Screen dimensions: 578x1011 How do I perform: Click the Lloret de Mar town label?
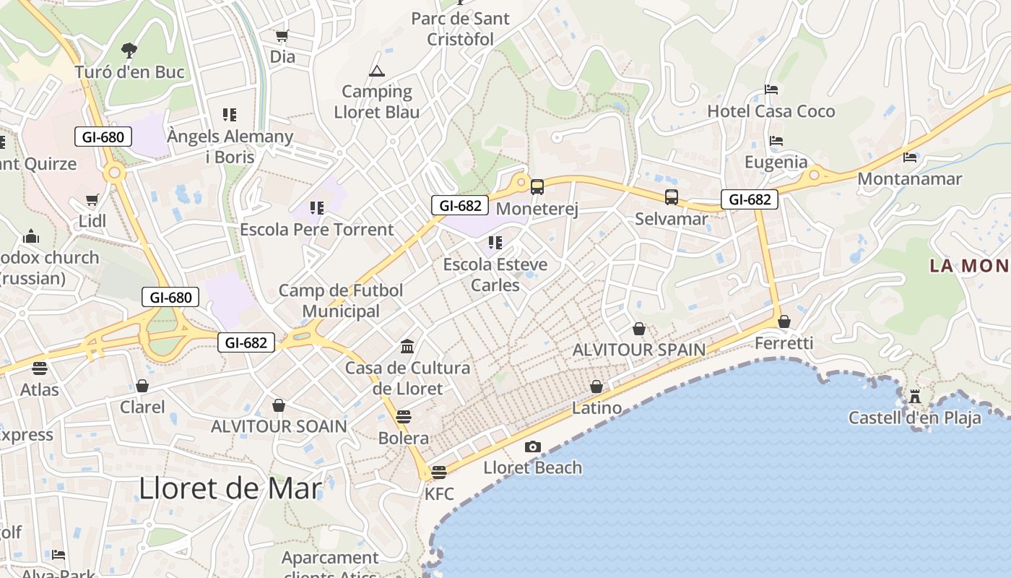[x=230, y=489]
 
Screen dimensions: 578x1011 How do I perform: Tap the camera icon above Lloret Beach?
[x=533, y=447]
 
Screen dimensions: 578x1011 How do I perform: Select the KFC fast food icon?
[x=438, y=473]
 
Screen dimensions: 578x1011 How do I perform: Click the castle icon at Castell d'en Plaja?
[x=915, y=396]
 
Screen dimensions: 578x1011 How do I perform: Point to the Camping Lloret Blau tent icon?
[x=376, y=71]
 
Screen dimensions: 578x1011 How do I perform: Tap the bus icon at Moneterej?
[x=537, y=187]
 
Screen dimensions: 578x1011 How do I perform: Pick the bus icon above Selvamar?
[x=672, y=197]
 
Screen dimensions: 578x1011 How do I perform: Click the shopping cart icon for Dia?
[x=282, y=35]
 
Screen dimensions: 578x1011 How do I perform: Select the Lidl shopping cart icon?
[x=92, y=200]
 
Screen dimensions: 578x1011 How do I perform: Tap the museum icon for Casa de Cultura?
[x=407, y=347]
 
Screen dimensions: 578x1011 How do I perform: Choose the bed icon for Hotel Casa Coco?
[x=771, y=90]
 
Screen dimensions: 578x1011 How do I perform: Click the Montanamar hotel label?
[x=909, y=178]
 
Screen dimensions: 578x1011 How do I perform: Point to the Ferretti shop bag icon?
[x=784, y=322]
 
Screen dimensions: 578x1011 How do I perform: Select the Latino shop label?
[x=596, y=408]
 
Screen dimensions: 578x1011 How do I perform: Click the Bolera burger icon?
[x=404, y=417]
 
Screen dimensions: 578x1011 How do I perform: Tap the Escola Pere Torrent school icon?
[x=317, y=208]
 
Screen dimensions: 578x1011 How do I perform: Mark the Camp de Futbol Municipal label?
[x=341, y=301]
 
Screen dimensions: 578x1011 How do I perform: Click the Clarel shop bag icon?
[x=142, y=386]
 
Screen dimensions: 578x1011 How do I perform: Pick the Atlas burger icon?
[x=40, y=368]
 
